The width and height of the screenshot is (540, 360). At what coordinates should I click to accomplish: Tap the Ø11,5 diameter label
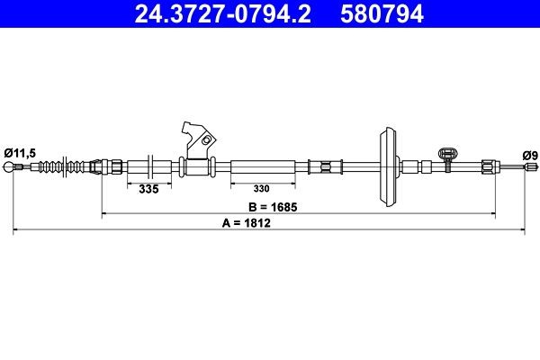click(19, 153)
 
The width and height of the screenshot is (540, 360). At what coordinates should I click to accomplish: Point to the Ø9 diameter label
click(530, 155)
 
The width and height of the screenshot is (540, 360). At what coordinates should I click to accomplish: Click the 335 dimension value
click(148, 189)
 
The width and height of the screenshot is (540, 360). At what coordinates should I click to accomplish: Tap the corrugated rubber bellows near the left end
click(64, 167)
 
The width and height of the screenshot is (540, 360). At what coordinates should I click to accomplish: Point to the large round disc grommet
click(386, 167)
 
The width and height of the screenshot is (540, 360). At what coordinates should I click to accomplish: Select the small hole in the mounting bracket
click(206, 140)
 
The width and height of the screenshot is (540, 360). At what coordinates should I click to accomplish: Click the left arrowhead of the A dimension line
click(16, 231)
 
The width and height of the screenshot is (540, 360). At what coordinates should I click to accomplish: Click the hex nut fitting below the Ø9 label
click(488, 167)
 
